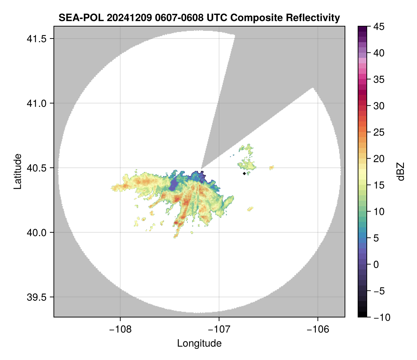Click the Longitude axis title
(199, 343)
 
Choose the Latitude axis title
(17, 171)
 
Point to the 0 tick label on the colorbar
(376, 265)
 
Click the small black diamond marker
(244, 173)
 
